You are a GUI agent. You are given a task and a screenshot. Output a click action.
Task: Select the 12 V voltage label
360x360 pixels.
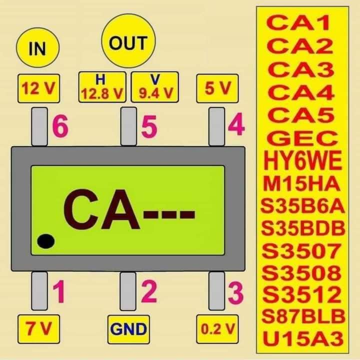[38, 88]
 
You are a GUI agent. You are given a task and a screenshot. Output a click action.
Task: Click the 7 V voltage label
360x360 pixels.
[38, 328]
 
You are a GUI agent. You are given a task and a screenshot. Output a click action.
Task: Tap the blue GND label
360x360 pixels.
[128, 329]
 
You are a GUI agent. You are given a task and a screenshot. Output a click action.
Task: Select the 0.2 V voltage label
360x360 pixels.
[217, 328]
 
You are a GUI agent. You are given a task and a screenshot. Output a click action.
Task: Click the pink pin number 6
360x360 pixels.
[60, 128]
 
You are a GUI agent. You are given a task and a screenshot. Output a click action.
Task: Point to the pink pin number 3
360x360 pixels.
[235, 293]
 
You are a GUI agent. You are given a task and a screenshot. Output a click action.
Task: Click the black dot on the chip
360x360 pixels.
[46, 242]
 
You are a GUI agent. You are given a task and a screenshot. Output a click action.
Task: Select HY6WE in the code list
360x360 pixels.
[303, 161]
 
